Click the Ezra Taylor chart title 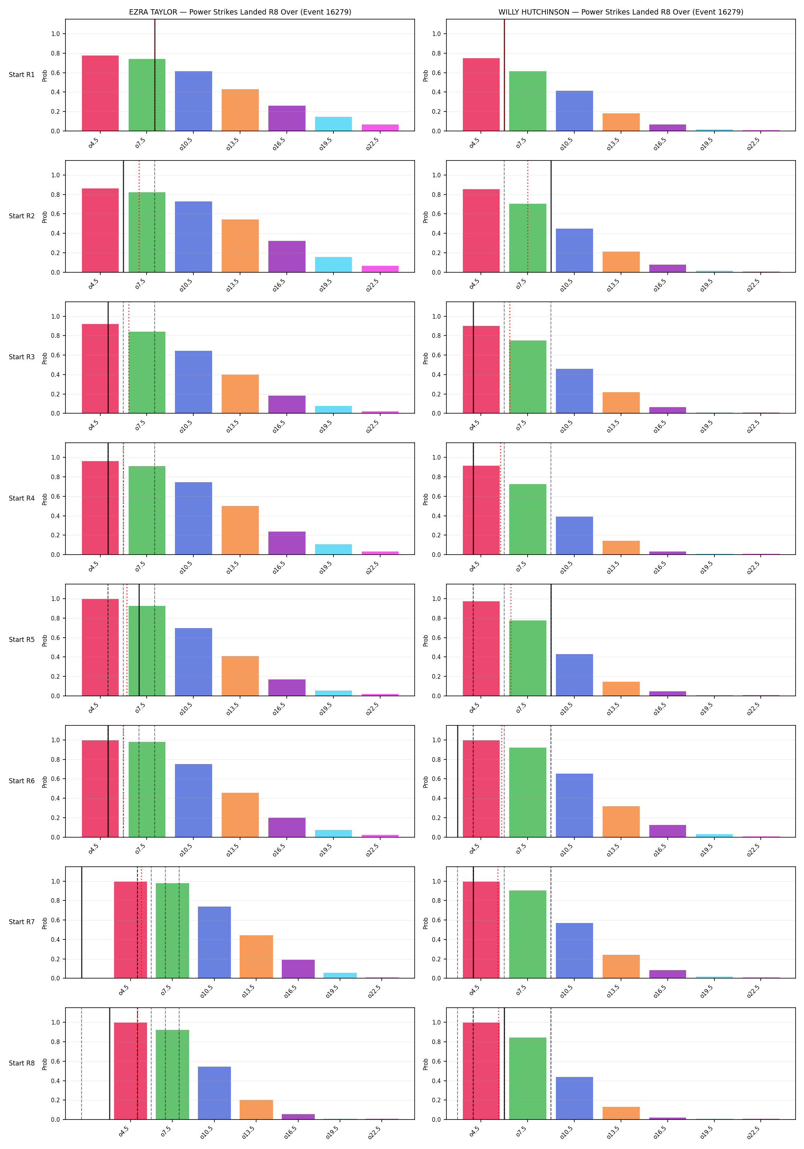pyautogui.click(x=240, y=12)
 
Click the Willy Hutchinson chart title pyautogui.click(x=621, y=12)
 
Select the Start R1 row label pyautogui.click(x=21, y=75)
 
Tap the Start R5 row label pyautogui.click(x=21, y=640)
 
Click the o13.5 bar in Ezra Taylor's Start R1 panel pyautogui.click(x=240, y=110)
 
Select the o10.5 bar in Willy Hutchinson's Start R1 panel pyautogui.click(x=574, y=111)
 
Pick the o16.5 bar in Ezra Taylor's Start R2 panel pyautogui.click(x=287, y=257)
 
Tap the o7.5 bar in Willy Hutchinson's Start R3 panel pyautogui.click(x=528, y=377)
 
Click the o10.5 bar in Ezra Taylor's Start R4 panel pyautogui.click(x=194, y=519)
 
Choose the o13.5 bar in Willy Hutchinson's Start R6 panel pyautogui.click(x=621, y=822)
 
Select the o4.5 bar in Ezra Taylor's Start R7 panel pyautogui.click(x=131, y=930)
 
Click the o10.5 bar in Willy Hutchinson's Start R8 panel pyautogui.click(x=574, y=1098)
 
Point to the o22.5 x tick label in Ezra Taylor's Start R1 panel pyautogui.click(x=372, y=144)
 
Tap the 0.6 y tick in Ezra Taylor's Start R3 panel pyautogui.click(x=55, y=355)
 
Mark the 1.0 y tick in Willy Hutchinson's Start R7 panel pyautogui.click(x=436, y=882)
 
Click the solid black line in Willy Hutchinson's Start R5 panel pyautogui.click(x=551, y=640)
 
